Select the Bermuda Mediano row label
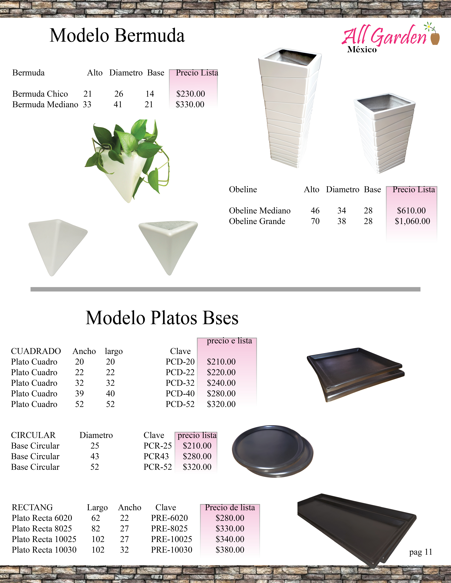45,104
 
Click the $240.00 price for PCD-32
221,383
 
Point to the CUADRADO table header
36,351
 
